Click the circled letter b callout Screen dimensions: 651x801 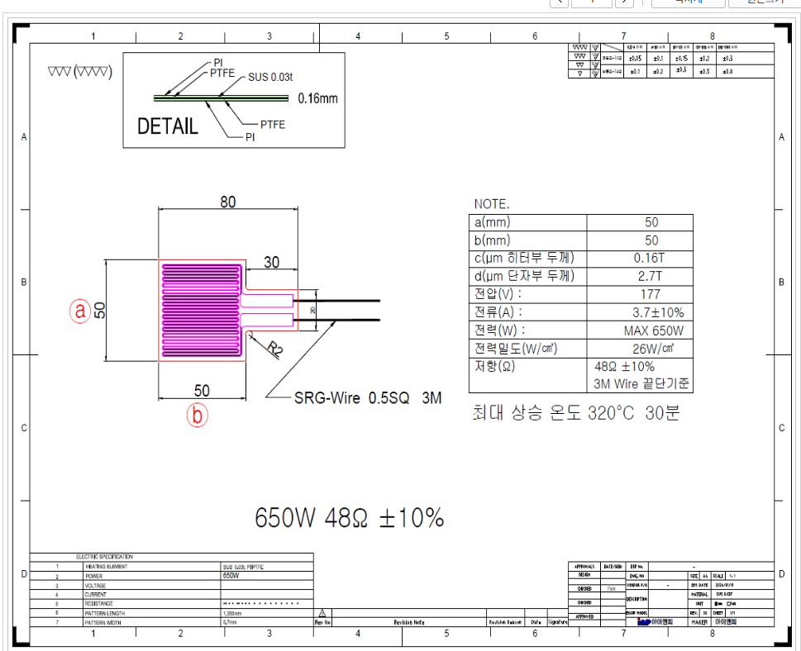197,415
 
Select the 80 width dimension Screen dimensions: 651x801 227,202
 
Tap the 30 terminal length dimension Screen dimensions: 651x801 271,262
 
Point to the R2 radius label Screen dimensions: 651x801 275,350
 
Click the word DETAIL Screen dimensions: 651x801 168,126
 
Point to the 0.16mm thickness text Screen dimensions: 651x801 318,98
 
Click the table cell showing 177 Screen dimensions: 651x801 651,294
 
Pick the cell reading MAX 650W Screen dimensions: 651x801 651,330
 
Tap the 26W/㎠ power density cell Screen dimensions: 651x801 651,349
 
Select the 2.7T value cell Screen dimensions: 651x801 651,276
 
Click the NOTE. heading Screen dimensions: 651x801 492,203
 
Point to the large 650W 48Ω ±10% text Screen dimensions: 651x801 349,518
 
